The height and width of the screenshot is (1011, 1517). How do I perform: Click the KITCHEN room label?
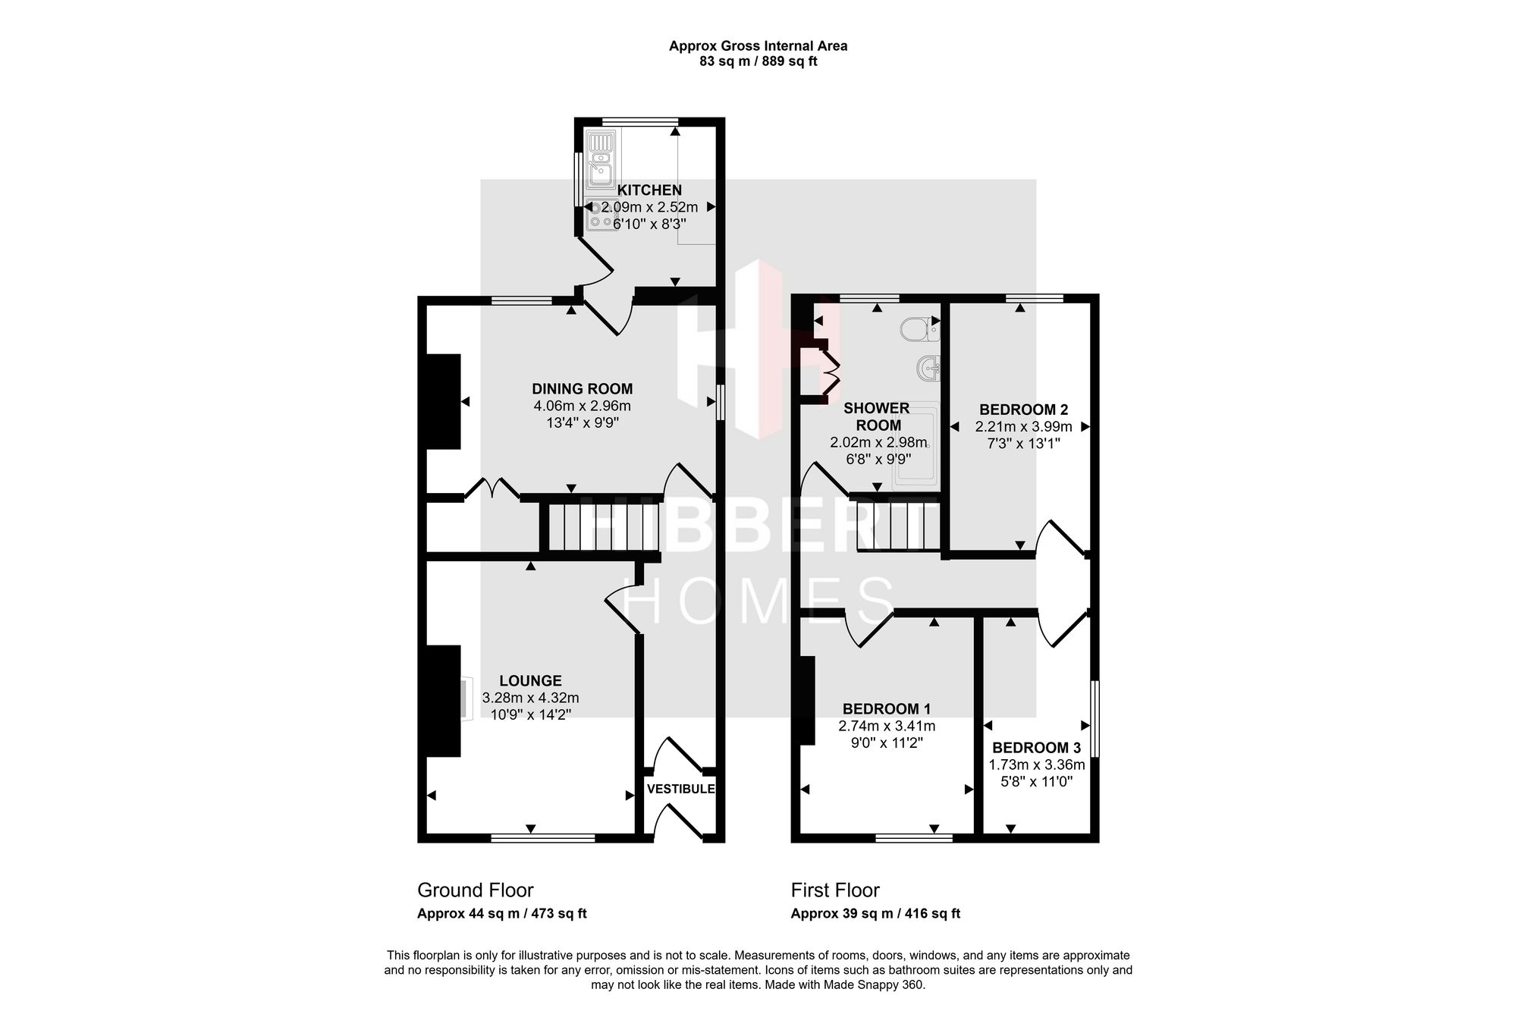(649, 190)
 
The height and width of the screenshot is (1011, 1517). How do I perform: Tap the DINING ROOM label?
(583, 389)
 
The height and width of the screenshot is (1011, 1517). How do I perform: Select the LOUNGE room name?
(530, 681)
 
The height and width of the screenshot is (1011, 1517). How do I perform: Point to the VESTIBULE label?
(681, 789)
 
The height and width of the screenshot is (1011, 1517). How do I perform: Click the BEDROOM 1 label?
(887, 709)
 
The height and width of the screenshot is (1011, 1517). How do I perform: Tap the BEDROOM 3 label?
(1037, 748)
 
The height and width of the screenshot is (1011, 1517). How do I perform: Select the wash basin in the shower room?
(928, 369)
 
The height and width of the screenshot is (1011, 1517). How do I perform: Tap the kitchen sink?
(602, 160)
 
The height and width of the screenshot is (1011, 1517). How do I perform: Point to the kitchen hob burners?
(602, 214)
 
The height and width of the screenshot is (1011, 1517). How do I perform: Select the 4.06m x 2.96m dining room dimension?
(583, 406)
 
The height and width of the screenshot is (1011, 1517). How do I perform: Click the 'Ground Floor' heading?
(476, 890)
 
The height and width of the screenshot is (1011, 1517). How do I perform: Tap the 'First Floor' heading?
(835, 890)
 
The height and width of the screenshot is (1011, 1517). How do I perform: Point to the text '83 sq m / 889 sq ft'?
(758, 61)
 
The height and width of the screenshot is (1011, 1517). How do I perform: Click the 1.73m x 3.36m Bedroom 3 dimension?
(1037, 765)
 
